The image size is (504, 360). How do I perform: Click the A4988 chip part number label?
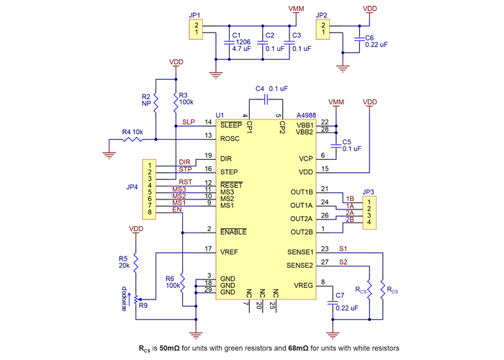point(307,115)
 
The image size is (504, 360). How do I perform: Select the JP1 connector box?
point(194,29)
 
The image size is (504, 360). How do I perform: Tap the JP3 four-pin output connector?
point(369,210)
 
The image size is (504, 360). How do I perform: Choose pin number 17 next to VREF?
point(208,249)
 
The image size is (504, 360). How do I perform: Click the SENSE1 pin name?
point(301,253)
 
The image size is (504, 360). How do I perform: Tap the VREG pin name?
point(303,285)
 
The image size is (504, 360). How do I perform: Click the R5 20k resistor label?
point(124,261)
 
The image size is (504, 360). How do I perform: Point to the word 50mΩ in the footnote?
point(171,348)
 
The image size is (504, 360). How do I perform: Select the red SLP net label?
point(188,122)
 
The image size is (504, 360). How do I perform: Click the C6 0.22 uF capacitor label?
point(375,40)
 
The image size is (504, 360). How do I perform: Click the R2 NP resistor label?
point(146,99)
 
